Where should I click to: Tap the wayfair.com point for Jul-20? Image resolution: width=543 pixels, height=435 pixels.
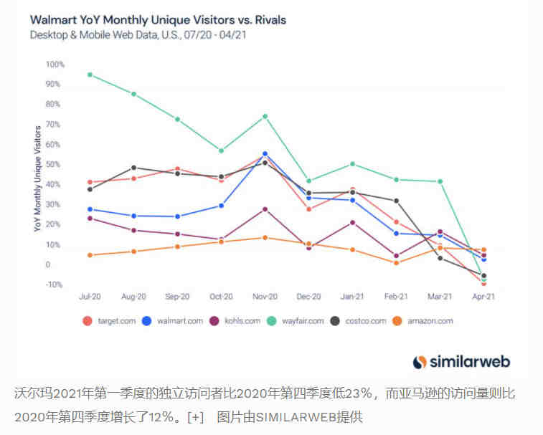(x=90, y=75)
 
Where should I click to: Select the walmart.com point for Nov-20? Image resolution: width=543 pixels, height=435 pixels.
(x=265, y=153)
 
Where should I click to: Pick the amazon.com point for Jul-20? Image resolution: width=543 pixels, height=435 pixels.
(x=90, y=255)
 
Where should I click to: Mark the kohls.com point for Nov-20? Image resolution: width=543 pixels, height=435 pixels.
(x=265, y=209)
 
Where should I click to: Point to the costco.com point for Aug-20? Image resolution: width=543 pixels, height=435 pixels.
(x=133, y=168)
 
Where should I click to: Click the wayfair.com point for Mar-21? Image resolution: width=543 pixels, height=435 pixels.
(x=440, y=181)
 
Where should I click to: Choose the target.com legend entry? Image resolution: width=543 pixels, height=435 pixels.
(x=108, y=321)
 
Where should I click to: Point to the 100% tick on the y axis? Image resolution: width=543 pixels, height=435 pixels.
(x=55, y=64)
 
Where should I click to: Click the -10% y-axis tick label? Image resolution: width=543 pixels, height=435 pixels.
(x=55, y=285)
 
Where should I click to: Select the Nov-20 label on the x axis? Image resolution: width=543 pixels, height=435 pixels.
(x=265, y=296)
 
